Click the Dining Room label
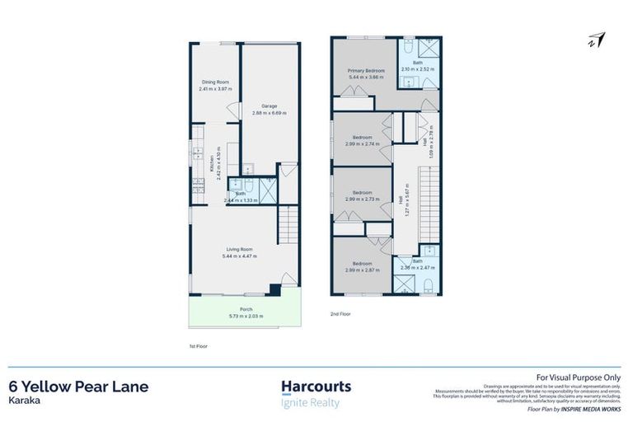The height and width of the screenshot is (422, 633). pyautogui.click(x=216, y=82)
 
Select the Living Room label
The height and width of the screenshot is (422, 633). pyautogui.click(x=239, y=249)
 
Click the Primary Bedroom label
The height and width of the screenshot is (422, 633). pyautogui.click(x=366, y=71)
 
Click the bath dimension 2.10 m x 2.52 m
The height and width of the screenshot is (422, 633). pyautogui.click(x=417, y=69)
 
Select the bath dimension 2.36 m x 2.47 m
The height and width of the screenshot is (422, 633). pyautogui.click(x=417, y=268)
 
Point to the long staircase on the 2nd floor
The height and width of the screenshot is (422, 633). pyautogui.click(x=428, y=198)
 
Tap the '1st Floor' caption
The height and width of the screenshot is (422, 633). pyautogui.click(x=199, y=346)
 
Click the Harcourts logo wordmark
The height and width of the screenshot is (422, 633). pyautogui.click(x=316, y=386)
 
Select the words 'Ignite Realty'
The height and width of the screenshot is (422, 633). pyautogui.click(x=310, y=403)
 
